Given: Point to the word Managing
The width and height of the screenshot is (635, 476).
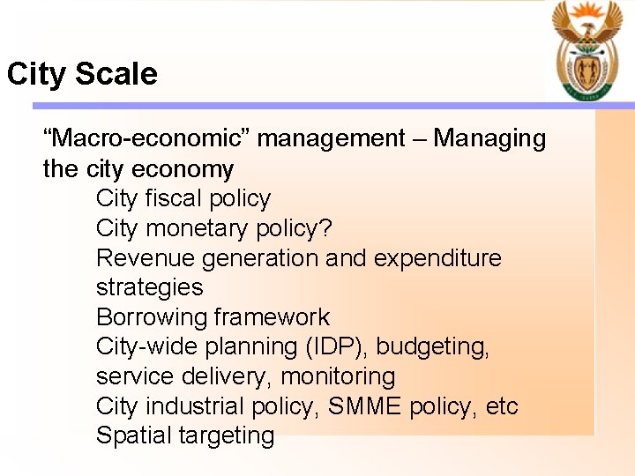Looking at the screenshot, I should coord(489,138).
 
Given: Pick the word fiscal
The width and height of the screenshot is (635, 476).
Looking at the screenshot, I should coord(174,198).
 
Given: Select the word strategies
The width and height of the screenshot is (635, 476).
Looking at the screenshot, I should coord(149,287).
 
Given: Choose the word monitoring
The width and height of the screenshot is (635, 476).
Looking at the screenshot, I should coord(338,376).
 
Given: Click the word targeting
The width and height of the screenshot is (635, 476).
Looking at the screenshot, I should coord(230,435).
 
